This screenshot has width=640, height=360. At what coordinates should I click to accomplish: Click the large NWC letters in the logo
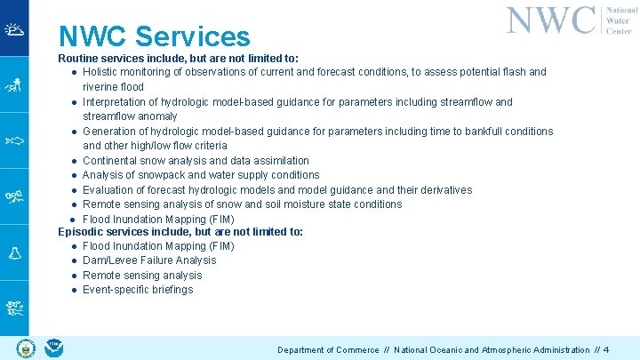(551, 20)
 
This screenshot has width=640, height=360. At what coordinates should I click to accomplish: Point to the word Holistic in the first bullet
(103, 72)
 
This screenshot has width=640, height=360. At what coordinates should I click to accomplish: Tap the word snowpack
(157, 175)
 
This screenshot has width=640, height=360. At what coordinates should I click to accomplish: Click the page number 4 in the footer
(605, 350)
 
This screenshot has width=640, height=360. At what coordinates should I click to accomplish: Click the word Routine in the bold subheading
(79, 58)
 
